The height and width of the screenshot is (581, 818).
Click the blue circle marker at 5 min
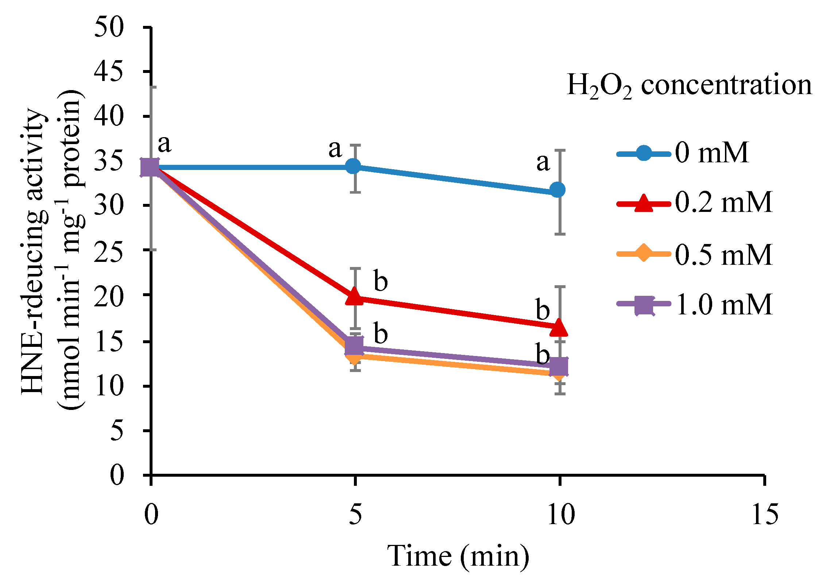point(353,167)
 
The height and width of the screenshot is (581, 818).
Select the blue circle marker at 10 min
point(557,190)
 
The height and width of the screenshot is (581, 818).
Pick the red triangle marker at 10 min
point(559,327)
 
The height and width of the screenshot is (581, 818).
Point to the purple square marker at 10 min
point(559,367)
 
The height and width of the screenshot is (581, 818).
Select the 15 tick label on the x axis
point(764,515)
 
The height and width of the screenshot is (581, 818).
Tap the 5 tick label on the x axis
point(355,515)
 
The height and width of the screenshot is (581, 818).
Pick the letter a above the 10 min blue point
point(543,162)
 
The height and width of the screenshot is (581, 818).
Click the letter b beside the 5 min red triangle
point(381,281)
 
